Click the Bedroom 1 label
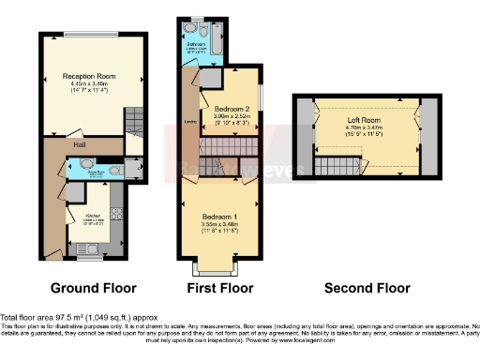(219, 216)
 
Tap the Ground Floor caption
(94, 288)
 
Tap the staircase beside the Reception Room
(134, 120)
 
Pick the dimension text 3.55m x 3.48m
(219, 224)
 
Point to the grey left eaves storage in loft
(304, 135)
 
